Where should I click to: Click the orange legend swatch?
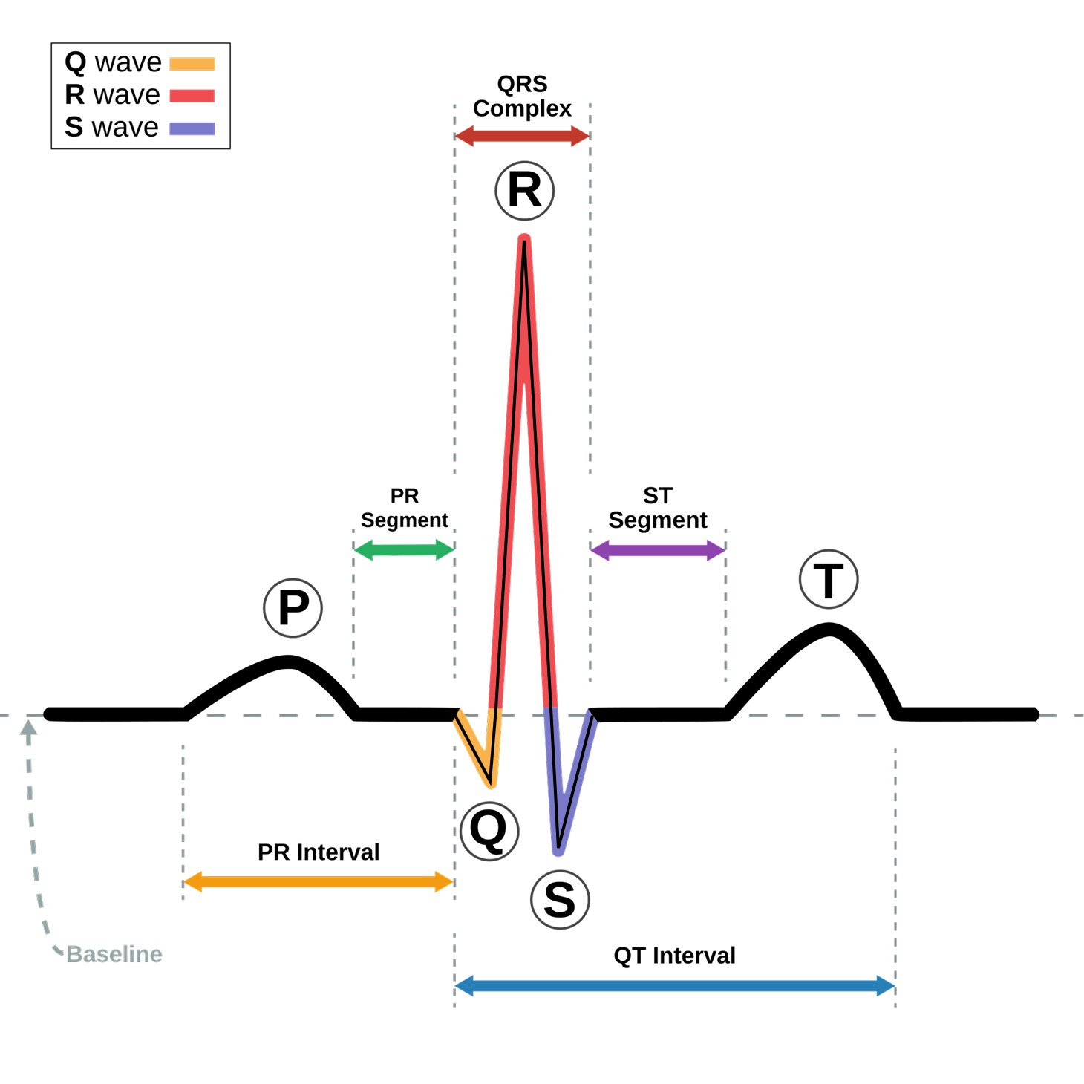click(x=192, y=64)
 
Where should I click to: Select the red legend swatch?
click(x=192, y=96)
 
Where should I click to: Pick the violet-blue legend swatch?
click(x=192, y=128)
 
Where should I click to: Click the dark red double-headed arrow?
click(x=522, y=136)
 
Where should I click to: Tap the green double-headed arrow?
click(x=404, y=550)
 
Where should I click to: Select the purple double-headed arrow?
click(x=658, y=550)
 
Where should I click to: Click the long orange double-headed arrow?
click(x=319, y=882)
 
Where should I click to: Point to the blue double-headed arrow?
click(x=675, y=986)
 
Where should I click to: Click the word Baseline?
click(x=114, y=954)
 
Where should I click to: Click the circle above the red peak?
click(x=525, y=191)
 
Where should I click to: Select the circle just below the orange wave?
click(x=489, y=831)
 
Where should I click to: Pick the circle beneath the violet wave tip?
click(x=561, y=900)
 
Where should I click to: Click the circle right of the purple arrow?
click(x=829, y=579)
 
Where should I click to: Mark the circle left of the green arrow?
click(x=293, y=608)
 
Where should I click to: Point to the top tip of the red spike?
click(x=524, y=238)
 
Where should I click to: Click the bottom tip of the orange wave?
click(x=492, y=784)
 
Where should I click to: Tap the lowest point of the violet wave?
click(x=558, y=852)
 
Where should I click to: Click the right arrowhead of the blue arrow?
click(x=887, y=986)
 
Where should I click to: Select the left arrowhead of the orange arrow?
click(x=192, y=882)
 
